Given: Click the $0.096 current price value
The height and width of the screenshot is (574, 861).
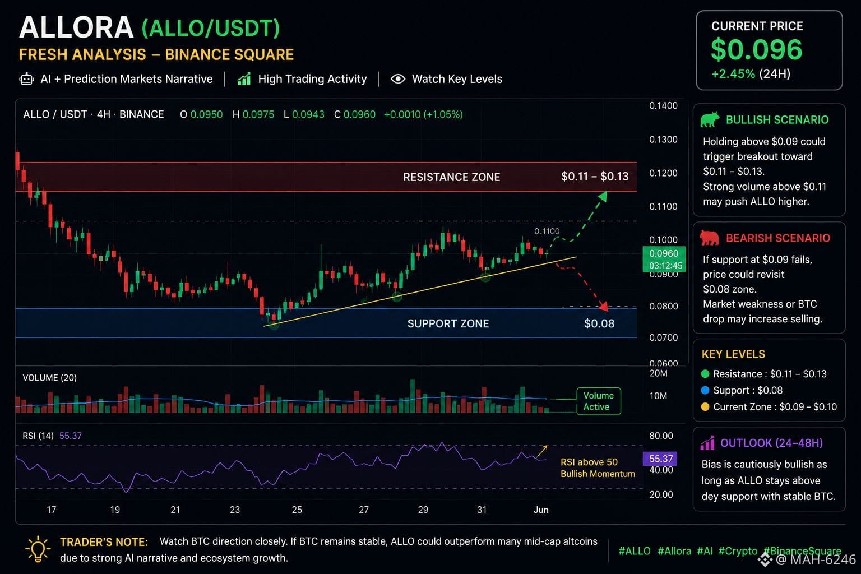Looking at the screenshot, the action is pyautogui.click(x=756, y=50).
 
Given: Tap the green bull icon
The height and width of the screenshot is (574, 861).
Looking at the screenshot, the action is pyautogui.click(x=710, y=119).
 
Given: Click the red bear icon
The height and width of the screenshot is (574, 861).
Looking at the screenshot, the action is pyautogui.click(x=710, y=238).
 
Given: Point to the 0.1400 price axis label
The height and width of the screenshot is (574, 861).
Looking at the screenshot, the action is pyautogui.click(x=663, y=106).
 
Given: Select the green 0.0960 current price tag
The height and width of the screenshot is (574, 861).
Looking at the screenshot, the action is pyautogui.click(x=664, y=259).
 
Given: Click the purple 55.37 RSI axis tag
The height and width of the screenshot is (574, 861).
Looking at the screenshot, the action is pyautogui.click(x=660, y=459).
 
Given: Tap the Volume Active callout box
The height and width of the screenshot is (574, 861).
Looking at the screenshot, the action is pyautogui.click(x=599, y=401).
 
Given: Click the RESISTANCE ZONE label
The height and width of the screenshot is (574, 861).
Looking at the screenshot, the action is pyautogui.click(x=452, y=177).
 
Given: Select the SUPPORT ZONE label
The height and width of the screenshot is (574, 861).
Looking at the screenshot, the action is pyautogui.click(x=448, y=324).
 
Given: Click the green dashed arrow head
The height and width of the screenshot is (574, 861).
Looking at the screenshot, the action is pyautogui.click(x=603, y=196).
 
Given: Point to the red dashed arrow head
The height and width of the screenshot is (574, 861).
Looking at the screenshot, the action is pyautogui.click(x=604, y=306).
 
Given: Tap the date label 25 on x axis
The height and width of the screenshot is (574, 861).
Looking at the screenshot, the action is pyautogui.click(x=297, y=510).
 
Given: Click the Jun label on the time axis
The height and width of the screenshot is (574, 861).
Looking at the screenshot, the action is pyautogui.click(x=541, y=510).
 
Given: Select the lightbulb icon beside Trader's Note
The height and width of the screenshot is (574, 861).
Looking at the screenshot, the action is pyautogui.click(x=38, y=549).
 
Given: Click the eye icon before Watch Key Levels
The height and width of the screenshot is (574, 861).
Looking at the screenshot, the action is pyautogui.click(x=398, y=79).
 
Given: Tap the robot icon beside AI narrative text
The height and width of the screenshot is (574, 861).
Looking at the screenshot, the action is pyautogui.click(x=26, y=79).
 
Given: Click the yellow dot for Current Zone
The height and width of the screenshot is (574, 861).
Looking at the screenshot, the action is pyautogui.click(x=705, y=407).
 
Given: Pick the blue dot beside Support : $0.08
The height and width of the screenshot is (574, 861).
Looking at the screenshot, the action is pyautogui.click(x=705, y=390).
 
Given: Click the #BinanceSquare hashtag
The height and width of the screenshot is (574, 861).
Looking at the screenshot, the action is pyautogui.click(x=802, y=551).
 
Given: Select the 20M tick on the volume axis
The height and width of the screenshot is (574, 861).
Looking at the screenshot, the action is pyautogui.click(x=659, y=373).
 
